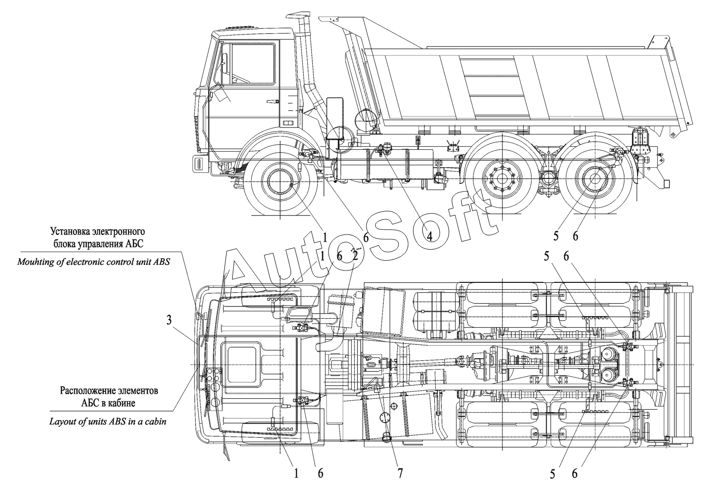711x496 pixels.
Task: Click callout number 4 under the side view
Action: point(429,236)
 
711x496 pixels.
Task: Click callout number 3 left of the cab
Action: point(169,321)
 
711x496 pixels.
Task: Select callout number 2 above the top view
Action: point(355,256)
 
